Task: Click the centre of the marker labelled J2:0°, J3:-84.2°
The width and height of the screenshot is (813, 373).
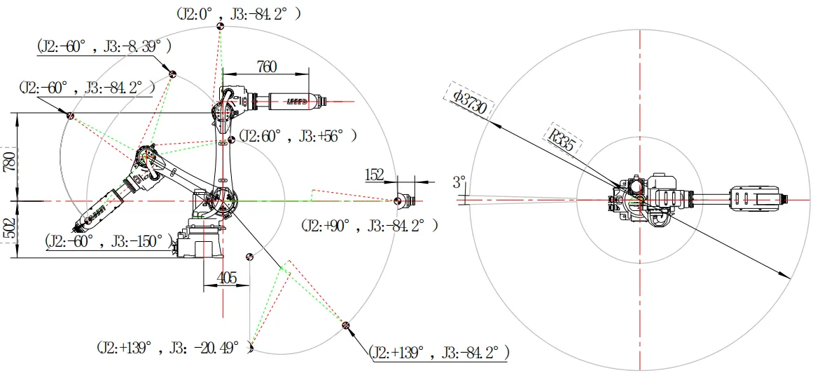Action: click(x=221, y=25)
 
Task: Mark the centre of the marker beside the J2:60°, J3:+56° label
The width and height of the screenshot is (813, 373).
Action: click(x=230, y=140)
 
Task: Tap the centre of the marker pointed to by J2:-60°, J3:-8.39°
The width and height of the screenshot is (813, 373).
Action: click(x=172, y=74)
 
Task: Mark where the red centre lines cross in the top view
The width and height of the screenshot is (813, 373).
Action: click(x=641, y=200)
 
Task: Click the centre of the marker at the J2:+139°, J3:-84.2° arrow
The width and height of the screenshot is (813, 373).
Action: click(x=346, y=325)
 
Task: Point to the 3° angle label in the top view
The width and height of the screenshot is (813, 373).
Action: click(x=459, y=182)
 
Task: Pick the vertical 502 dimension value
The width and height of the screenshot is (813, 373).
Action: click(x=9, y=227)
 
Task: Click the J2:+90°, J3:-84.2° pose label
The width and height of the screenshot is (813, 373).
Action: click(x=369, y=226)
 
